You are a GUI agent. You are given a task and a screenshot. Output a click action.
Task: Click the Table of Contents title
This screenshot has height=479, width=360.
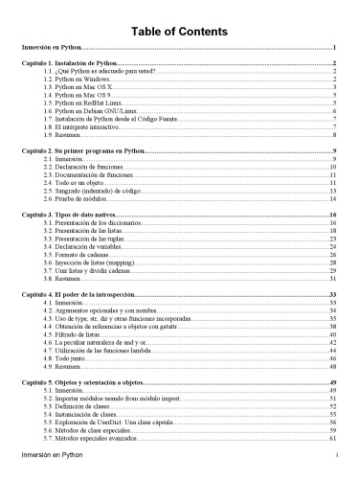[x=180, y=30]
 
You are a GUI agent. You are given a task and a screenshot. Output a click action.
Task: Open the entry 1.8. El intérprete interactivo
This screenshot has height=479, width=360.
[x=83, y=127]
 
